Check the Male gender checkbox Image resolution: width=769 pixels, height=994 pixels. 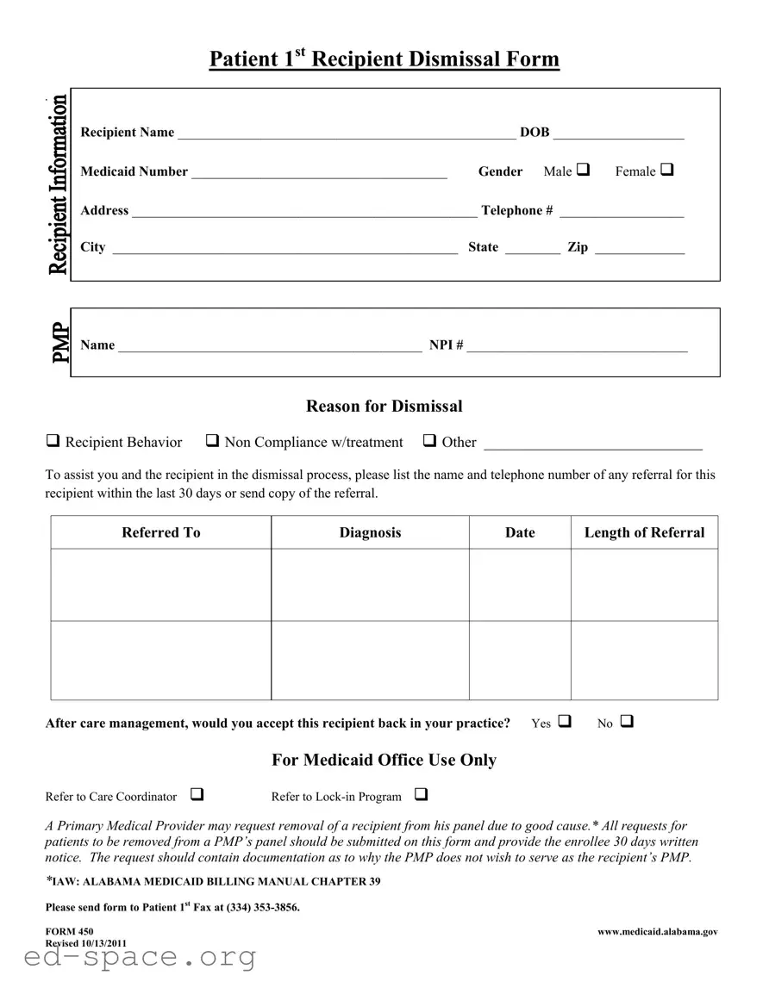click(x=583, y=170)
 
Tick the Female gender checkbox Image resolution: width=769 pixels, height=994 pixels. click(x=667, y=170)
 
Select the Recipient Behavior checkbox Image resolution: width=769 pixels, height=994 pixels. click(x=53, y=441)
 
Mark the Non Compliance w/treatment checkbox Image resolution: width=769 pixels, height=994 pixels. click(x=212, y=441)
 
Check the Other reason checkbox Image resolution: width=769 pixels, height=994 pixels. click(x=429, y=441)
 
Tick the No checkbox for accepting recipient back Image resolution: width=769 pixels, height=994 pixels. click(x=626, y=721)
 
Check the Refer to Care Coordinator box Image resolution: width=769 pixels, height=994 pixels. click(x=197, y=794)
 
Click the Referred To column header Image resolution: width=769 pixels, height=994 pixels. click(x=161, y=532)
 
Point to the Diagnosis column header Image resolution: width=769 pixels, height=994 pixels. click(x=370, y=532)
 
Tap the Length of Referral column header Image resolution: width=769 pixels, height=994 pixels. click(x=644, y=532)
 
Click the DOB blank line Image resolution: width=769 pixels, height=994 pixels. click(x=618, y=134)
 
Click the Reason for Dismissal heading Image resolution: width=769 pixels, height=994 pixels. click(x=384, y=406)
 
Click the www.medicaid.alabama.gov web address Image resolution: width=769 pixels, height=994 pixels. click(x=657, y=931)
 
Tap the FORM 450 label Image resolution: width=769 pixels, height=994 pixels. click(x=69, y=931)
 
